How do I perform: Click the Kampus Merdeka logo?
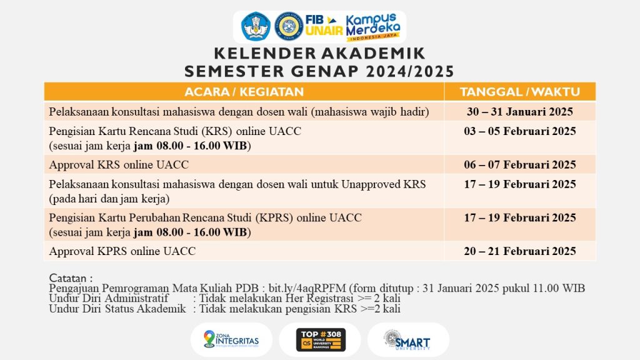[373, 27]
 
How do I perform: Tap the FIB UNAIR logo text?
[324, 25]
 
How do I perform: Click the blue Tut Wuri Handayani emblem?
[256, 26]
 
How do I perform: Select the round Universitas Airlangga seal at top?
[289, 26]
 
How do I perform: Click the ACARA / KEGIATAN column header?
[244, 92]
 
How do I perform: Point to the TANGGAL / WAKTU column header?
[519, 92]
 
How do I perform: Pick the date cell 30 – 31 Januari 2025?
[519, 112]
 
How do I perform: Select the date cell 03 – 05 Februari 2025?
[519, 131]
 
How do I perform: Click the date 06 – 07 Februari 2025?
[519, 164]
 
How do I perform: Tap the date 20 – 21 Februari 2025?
[519, 251]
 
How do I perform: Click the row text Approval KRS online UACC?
[119, 164]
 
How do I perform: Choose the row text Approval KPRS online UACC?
[122, 251]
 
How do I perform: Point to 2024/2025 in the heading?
[410, 71]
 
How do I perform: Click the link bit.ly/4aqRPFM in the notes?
[307, 288]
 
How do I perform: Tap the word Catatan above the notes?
[67, 278]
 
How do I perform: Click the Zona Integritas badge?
[231, 339]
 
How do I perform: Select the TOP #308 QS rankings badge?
[321, 339]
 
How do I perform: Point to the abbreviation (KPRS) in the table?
[274, 217]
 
